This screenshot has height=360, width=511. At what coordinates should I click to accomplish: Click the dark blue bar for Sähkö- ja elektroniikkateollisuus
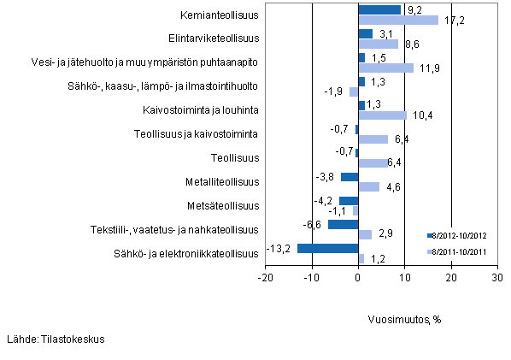pos(327,249)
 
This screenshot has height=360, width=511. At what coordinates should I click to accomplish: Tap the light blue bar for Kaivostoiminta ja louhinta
pos(382,115)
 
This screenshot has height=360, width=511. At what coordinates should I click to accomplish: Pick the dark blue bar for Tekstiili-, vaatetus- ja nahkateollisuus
pos(343,225)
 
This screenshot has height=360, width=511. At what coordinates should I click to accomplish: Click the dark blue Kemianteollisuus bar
pos(379,10)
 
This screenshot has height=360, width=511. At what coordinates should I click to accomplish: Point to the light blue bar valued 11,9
pos(385,68)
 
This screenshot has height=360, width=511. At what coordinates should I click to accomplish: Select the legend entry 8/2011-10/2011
pos(459,251)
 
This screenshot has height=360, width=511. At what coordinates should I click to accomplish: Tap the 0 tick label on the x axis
pos(358,278)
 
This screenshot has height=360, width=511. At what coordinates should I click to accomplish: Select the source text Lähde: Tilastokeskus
pos(56,339)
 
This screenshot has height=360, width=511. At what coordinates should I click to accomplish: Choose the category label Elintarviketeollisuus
pos(214,38)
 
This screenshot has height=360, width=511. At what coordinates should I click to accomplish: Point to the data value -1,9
pos(336,91)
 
